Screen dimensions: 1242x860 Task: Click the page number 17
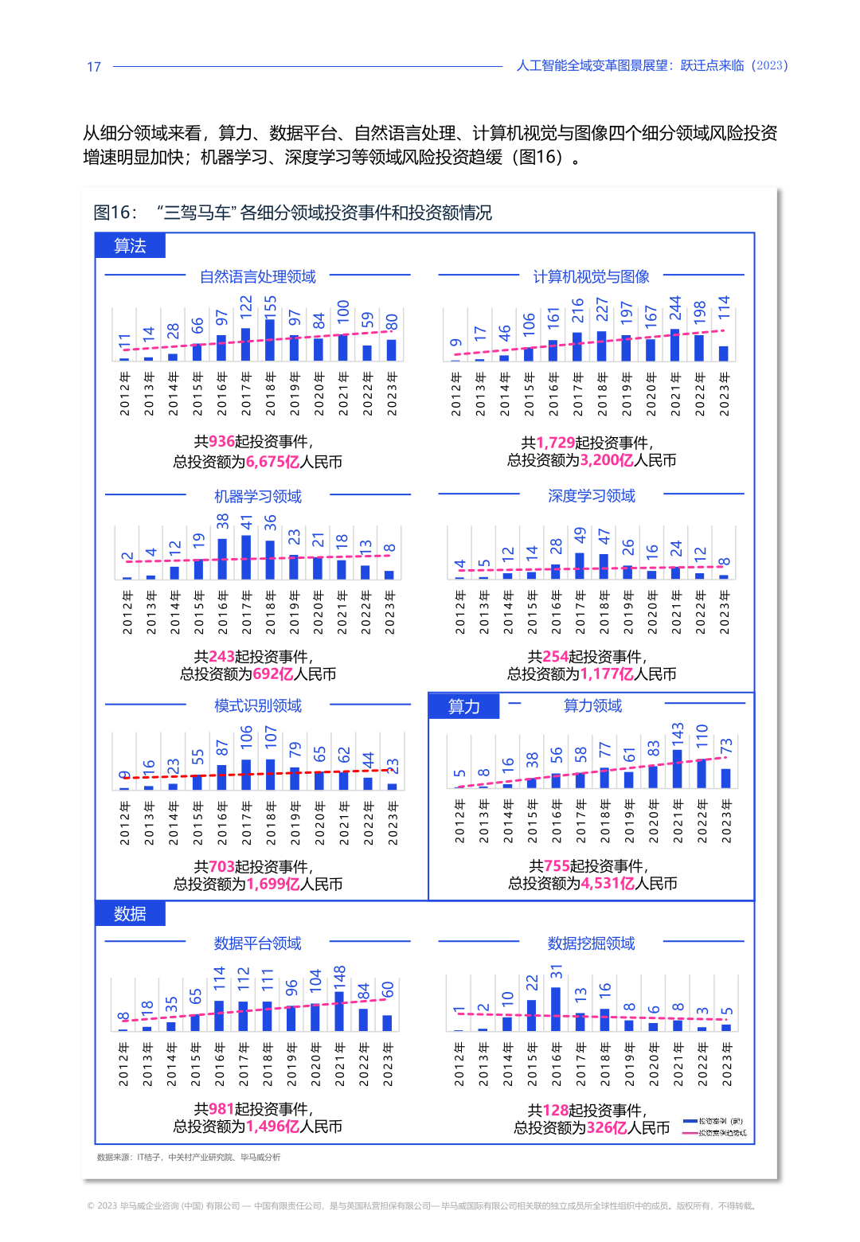94,67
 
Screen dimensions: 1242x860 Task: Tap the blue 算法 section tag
130,245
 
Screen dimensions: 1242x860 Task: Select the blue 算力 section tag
463,706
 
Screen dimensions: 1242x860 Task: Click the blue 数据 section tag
130,913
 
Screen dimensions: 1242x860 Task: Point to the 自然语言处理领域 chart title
257,276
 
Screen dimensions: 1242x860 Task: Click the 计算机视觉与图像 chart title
591,276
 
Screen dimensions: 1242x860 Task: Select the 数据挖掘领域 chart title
591,943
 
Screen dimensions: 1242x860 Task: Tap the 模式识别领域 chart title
257,705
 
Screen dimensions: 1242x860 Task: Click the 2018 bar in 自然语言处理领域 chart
270,340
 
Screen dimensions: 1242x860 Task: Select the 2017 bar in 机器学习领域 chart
246,557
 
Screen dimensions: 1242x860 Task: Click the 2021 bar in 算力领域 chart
678,769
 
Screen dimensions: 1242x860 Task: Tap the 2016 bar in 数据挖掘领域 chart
556,1009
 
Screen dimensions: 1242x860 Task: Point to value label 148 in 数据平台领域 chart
340,977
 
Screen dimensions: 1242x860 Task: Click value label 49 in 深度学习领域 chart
580,535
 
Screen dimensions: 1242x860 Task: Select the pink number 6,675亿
272,462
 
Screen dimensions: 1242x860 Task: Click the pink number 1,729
555,443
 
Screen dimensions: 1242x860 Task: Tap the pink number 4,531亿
607,884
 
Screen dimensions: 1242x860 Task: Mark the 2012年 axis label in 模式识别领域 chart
125,823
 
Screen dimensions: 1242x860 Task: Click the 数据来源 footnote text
189,1157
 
